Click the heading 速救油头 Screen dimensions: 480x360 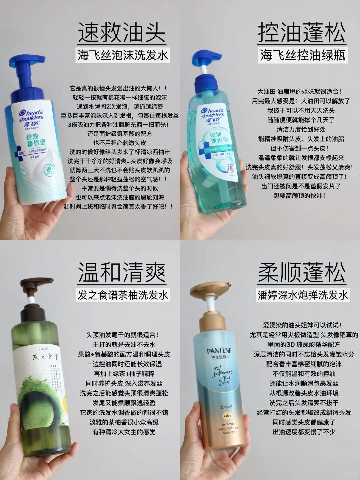(122, 32)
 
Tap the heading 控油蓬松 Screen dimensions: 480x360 (302, 32)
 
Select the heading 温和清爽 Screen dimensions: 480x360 (122, 272)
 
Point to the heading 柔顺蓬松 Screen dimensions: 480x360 (302, 272)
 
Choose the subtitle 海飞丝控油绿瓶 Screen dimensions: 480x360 (303, 55)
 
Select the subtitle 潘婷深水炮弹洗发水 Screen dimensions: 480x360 (303, 295)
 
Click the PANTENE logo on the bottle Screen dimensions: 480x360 (219, 351)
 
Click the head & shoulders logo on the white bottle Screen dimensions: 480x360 (31, 115)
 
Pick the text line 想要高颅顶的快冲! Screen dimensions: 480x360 (299, 196)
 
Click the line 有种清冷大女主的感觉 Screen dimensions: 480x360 (124, 432)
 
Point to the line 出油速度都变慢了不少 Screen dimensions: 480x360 (304, 432)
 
